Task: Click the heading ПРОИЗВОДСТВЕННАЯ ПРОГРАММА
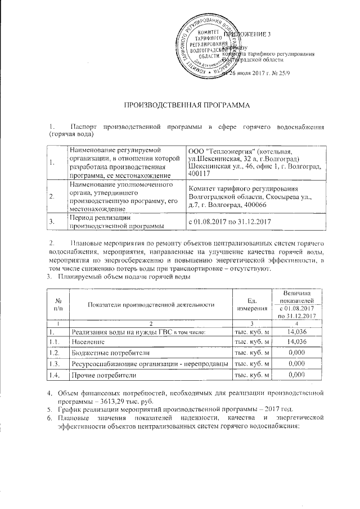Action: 186,105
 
